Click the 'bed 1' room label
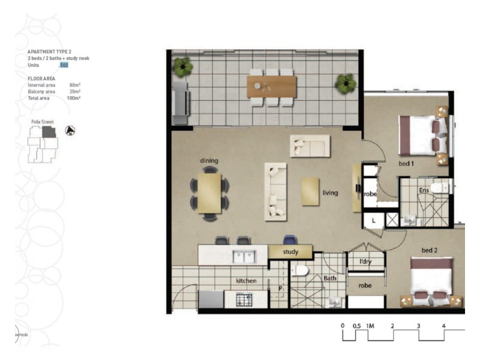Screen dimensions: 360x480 coord(407,163)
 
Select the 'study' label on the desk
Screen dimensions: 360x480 coord(290,252)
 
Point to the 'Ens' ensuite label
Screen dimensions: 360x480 coord(424,190)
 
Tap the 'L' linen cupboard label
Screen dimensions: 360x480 coord(373,220)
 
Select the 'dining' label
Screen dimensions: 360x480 coord(209,160)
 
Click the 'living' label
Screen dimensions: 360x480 coord(330,193)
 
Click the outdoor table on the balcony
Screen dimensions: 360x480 coord(272,86)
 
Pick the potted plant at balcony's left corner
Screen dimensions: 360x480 coord(182,67)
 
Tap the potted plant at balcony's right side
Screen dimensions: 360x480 coord(346,83)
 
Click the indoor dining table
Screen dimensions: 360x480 coord(209,193)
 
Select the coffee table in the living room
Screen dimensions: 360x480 coord(311,191)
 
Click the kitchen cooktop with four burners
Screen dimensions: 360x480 coord(244,298)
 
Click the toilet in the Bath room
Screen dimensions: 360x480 coord(300,271)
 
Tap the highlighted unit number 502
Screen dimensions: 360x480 coord(64,65)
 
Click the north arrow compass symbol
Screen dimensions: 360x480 coord(70,130)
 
